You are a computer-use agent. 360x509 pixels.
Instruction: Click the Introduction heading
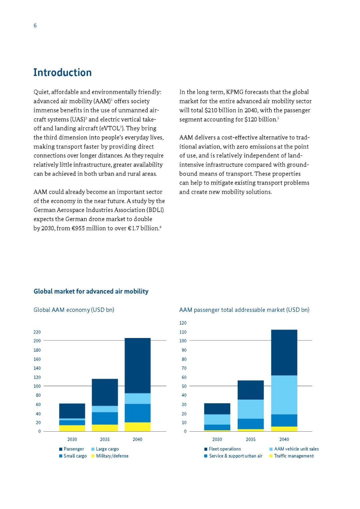(62, 72)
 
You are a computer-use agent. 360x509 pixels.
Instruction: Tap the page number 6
(35, 26)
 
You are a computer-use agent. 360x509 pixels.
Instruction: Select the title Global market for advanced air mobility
(91, 291)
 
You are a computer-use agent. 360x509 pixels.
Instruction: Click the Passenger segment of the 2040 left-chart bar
(137, 365)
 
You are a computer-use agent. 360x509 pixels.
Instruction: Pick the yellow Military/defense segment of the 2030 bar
(72, 428)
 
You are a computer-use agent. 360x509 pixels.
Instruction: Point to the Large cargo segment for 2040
(137, 398)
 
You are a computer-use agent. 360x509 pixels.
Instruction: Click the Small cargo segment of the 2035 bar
(105, 418)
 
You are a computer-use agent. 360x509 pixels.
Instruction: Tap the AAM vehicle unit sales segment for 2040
(284, 395)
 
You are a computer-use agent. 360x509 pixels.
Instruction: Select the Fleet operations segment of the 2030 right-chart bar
(217, 409)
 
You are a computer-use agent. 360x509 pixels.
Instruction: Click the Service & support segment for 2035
(251, 424)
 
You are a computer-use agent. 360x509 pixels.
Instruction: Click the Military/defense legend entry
(112, 456)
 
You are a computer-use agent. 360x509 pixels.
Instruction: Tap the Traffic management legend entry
(294, 456)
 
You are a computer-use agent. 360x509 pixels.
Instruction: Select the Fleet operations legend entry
(225, 449)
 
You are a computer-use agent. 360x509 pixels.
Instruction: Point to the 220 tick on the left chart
(37, 332)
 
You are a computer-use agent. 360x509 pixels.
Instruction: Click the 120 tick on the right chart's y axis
(183, 323)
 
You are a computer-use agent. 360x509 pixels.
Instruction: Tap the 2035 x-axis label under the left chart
(105, 439)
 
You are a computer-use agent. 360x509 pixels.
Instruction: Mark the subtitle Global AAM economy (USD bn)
(74, 310)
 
